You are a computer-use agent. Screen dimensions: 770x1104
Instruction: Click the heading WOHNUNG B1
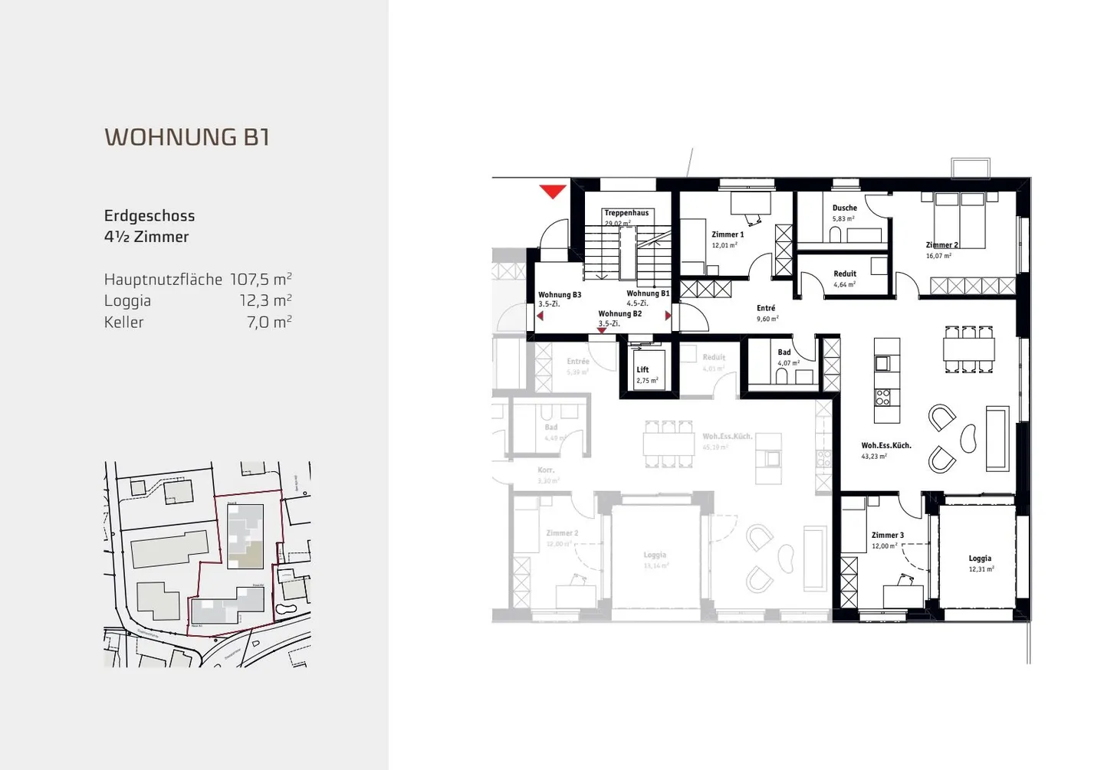coord(187,137)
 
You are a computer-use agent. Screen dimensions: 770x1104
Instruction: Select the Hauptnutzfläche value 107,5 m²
coord(261,279)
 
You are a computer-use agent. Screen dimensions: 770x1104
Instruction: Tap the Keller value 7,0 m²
coord(269,322)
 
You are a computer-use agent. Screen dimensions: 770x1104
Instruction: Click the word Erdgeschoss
coord(149,216)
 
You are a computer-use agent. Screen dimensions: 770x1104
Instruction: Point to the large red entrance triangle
coord(552,192)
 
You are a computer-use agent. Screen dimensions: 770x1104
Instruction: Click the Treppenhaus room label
coord(626,213)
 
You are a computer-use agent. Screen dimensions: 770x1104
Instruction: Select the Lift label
coord(642,369)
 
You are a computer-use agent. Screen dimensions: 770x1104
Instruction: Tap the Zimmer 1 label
coord(727,234)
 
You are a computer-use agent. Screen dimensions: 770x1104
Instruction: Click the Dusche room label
coord(844,208)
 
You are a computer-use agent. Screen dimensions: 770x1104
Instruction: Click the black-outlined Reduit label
coord(845,274)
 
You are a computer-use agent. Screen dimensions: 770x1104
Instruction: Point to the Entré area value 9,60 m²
coord(767,319)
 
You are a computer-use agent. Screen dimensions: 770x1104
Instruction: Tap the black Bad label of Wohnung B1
coord(784,352)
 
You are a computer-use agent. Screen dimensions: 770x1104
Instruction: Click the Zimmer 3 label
coord(887,536)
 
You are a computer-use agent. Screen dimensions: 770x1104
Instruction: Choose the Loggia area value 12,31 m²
coord(981,569)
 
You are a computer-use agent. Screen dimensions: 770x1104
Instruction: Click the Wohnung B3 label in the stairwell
coord(559,295)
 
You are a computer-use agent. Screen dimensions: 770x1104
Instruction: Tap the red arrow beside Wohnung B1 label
coord(668,316)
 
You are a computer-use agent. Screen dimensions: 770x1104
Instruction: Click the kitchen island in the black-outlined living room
coord(887,380)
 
